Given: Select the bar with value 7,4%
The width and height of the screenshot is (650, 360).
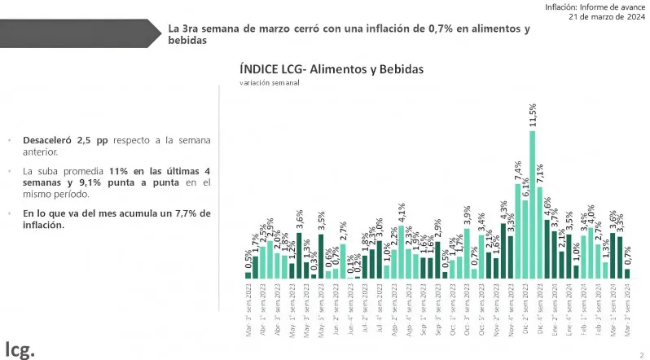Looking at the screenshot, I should click(517, 230).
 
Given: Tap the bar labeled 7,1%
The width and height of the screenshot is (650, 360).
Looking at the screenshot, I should click(539, 232).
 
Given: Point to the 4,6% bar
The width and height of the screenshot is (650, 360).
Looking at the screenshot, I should click(547, 248).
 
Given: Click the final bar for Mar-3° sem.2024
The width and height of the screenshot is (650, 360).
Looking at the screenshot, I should click(627, 273).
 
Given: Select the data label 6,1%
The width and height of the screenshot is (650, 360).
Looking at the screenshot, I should click(525, 188).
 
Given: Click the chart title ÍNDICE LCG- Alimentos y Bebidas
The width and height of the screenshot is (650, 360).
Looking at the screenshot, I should click(332, 70).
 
